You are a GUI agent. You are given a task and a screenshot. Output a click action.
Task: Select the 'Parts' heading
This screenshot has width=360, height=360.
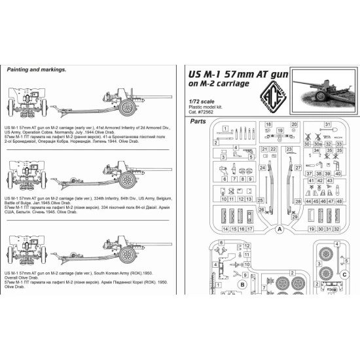tap(198, 121)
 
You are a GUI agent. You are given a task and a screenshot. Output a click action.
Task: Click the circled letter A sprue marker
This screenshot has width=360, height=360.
tap(279, 230)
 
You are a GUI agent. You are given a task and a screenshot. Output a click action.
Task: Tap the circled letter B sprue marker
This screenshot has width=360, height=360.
tap(242, 285)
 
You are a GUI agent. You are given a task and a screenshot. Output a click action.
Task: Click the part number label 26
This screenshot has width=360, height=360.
tap(261, 210)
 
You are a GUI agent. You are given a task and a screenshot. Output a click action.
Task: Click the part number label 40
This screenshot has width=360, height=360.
tap(339, 173)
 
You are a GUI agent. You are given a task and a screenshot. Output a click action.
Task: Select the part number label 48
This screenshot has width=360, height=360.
tap(339, 202)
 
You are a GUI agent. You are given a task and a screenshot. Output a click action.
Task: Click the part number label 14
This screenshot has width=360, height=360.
tap(225, 230)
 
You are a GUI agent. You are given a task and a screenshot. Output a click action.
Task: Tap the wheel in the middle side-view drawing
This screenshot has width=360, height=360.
tap(128, 178)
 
